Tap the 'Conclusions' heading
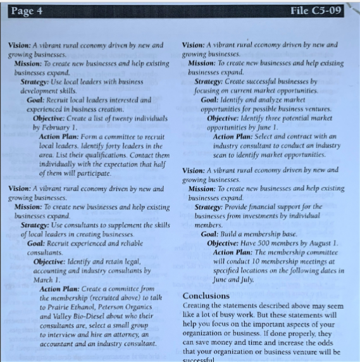click(206, 296)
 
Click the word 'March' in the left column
click(44, 279)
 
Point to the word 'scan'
click(222, 154)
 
